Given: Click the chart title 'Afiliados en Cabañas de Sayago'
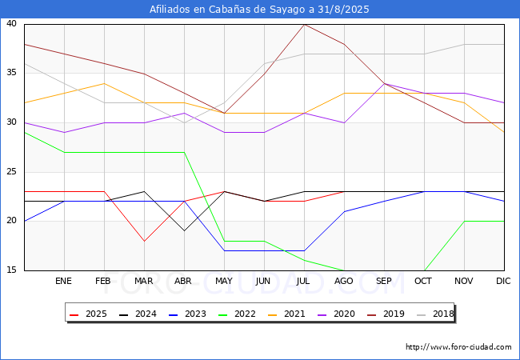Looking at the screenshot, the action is point(228,10).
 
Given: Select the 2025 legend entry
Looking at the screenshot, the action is point(88,314).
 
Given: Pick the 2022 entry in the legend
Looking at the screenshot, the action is point(237,314).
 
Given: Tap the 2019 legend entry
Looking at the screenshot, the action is point(386,314).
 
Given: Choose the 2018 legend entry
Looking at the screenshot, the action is point(435,314).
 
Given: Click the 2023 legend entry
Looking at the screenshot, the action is point(187,314).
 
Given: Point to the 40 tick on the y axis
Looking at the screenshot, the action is point(12,23).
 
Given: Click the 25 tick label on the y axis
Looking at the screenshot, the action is point(12,171).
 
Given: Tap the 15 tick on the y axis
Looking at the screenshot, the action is point(12,270).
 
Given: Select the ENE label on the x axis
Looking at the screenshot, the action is point(63,281).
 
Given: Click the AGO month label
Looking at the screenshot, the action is point(343,281).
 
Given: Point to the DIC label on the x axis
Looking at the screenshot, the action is point(503,281).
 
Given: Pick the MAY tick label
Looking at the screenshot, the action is point(224,281).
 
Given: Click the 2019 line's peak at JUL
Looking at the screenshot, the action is point(305,25).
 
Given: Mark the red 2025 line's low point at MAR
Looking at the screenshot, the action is point(144,241).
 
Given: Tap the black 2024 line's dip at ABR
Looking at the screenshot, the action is point(184,230).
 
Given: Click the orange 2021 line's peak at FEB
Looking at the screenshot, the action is point(105,83).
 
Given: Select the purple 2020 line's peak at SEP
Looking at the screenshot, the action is point(384,83).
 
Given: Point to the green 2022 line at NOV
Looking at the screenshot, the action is point(464,221).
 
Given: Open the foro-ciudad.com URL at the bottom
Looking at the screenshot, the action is point(458,347).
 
